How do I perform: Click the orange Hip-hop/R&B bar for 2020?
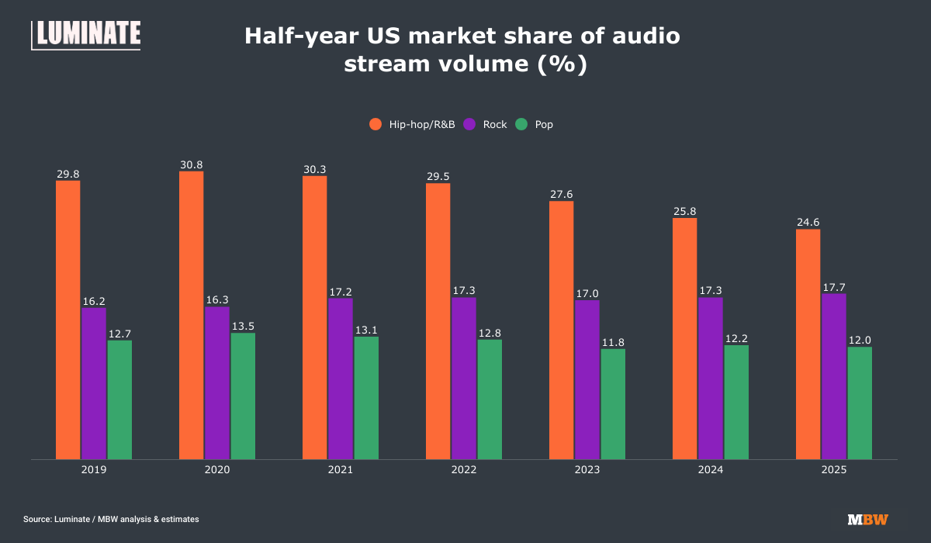click(x=192, y=315)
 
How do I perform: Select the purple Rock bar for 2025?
click(x=834, y=376)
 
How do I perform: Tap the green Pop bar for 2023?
click(x=613, y=403)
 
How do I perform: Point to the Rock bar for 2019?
click(x=94, y=383)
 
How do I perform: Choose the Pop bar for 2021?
click(x=366, y=397)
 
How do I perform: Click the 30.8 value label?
click(x=192, y=164)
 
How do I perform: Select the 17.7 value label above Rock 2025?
click(x=834, y=287)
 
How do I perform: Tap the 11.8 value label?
click(x=613, y=342)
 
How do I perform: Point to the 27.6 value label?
click(x=562, y=195)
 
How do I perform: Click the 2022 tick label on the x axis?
click(x=464, y=471)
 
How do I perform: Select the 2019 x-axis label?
click(x=94, y=471)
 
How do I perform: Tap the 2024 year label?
click(x=711, y=471)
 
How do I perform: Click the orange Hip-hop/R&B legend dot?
click(x=376, y=124)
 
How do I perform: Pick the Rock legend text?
click(x=495, y=124)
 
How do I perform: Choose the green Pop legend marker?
click(x=522, y=124)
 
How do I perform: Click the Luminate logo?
click(x=86, y=34)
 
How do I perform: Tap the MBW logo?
click(x=867, y=519)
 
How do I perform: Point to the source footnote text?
click(x=111, y=519)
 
